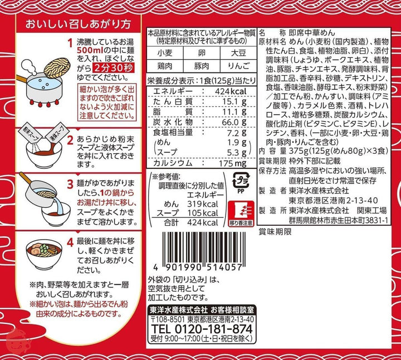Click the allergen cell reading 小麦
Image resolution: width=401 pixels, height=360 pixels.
(x=165, y=53)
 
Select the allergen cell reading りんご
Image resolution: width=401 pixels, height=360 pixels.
(x=238, y=66)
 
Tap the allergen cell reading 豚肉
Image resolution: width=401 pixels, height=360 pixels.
(x=202, y=66)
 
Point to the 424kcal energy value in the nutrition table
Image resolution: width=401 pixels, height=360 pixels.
(x=231, y=91)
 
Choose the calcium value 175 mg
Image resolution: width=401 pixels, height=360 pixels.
(x=232, y=163)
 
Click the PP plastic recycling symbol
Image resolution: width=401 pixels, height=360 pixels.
(x=241, y=182)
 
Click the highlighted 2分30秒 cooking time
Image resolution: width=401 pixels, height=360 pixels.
(x=113, y=68)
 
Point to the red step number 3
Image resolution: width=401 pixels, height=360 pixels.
(x=70, y=184)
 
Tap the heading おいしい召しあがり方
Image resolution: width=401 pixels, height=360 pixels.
(x=78, y=25)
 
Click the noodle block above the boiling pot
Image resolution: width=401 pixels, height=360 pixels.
(x=57, y=67)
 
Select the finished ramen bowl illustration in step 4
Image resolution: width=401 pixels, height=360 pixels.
(x=44, y=253)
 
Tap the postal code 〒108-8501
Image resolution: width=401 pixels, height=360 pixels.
(x=168, y=319)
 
